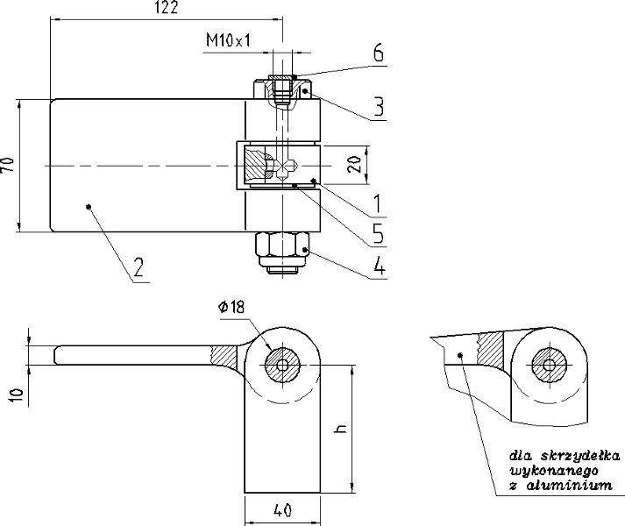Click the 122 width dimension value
pyautogui.click(x=166, y=8)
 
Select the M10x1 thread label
pyautogui.click(x=229, y=40)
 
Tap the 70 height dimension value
pyautogui.click(x=8, y=165)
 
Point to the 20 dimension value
pyautogui.click(x=355, y=164)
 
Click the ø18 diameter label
pyautogui.click(x=231, y=307)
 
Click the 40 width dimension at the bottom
pyautogui.click(x=282, y=510)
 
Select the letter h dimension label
pyautogui.click(x=341, y=429)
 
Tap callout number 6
pyautogui.click(x=379, y=53)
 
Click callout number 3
pyautogui.click(x=379, y=106)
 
